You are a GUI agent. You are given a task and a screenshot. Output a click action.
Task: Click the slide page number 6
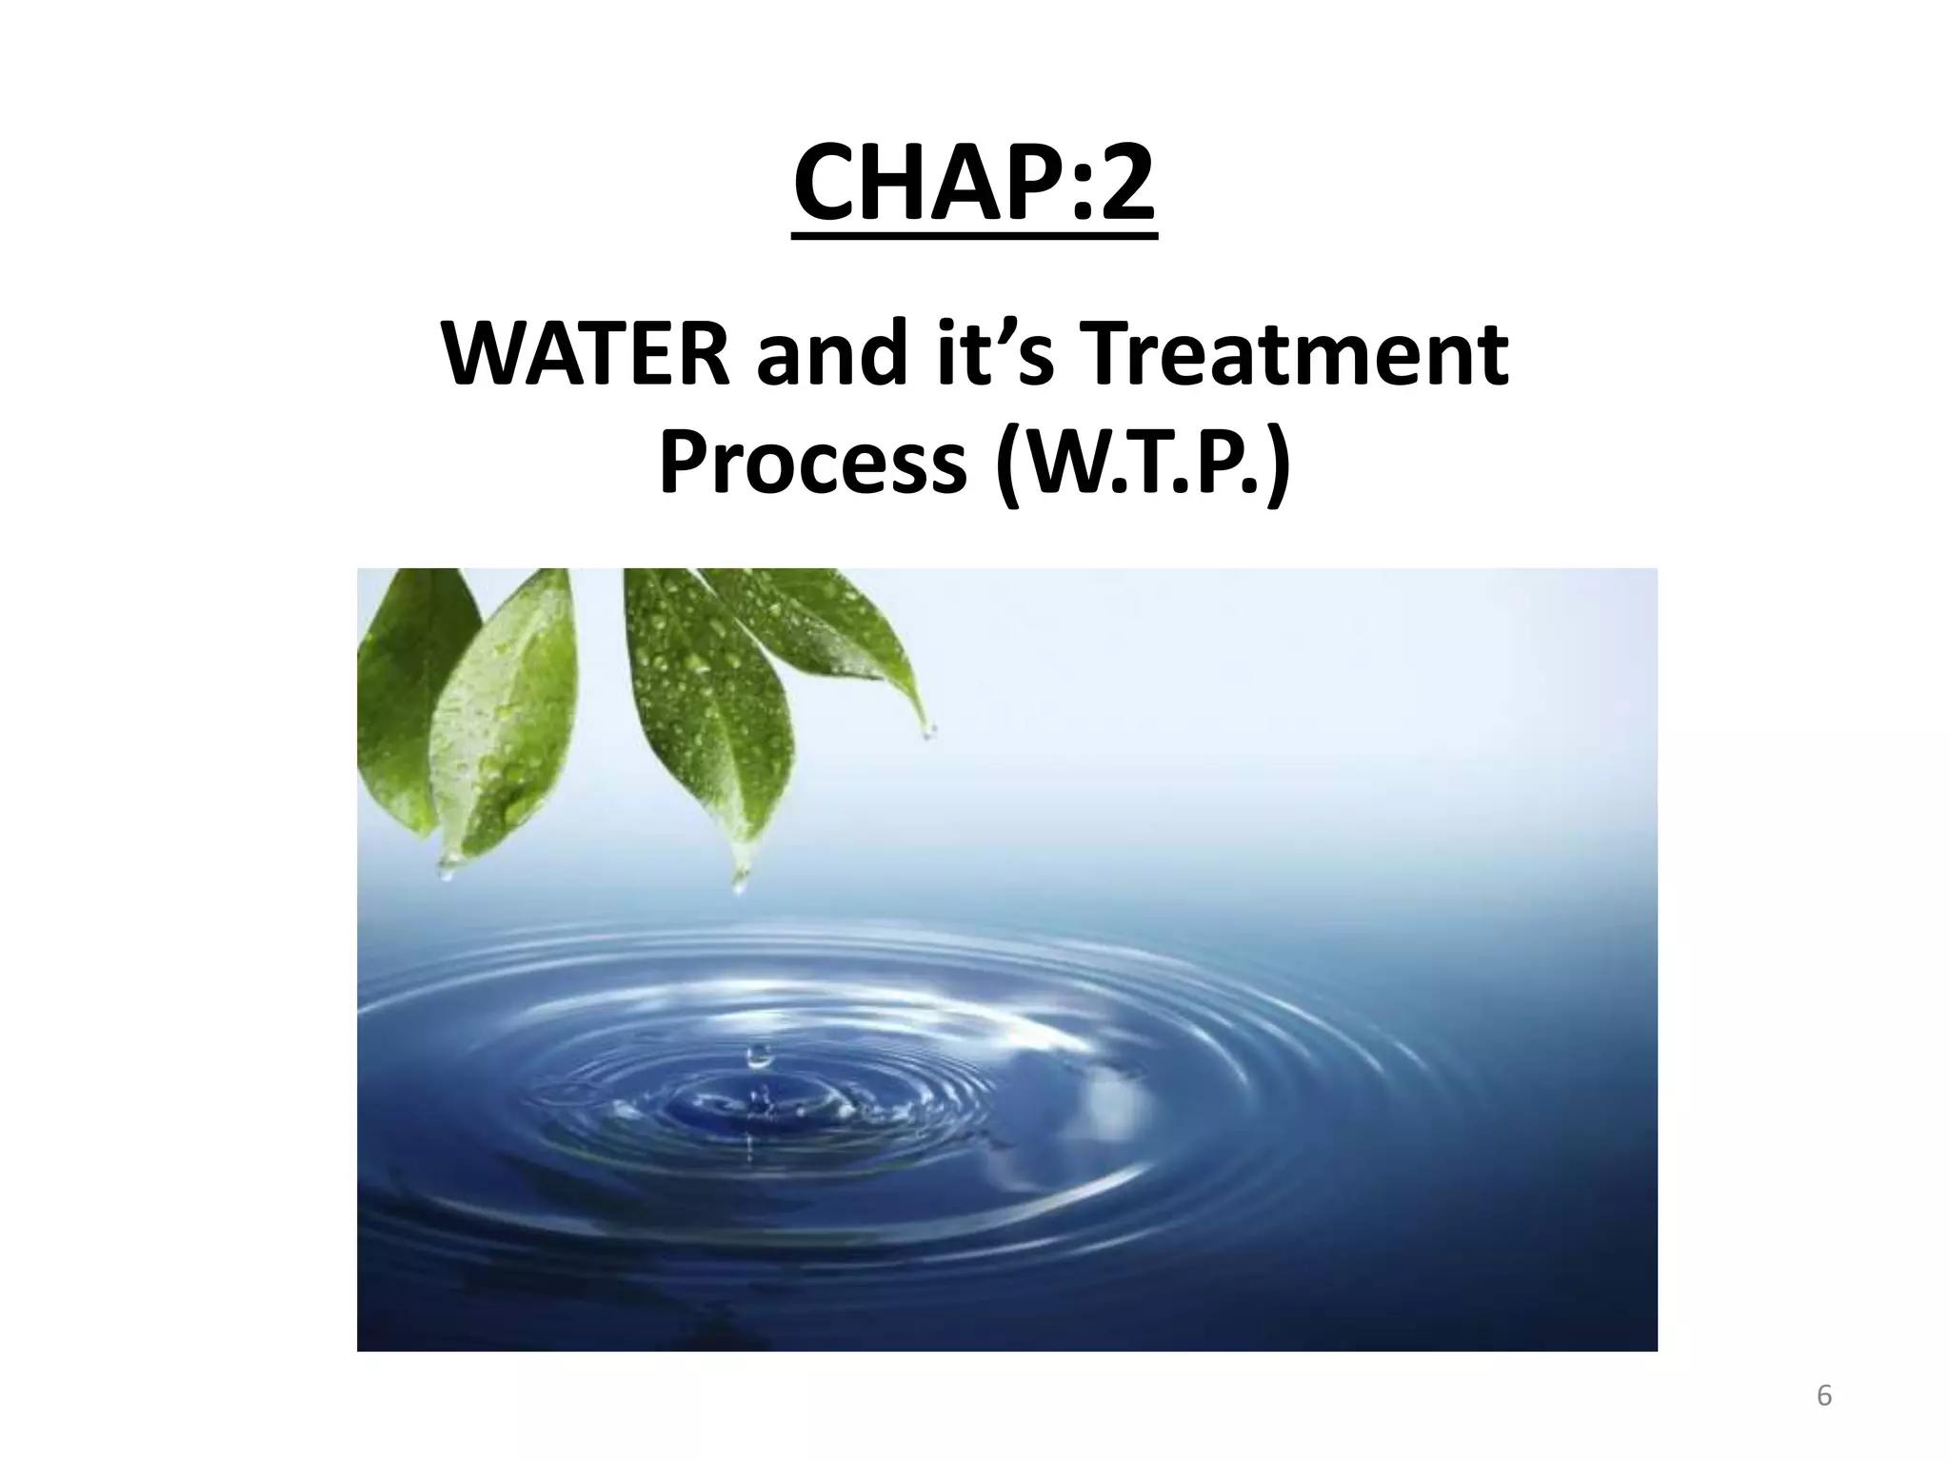(x=1824, y=1396)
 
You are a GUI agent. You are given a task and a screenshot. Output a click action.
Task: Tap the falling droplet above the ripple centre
(x=758, y=1054)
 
